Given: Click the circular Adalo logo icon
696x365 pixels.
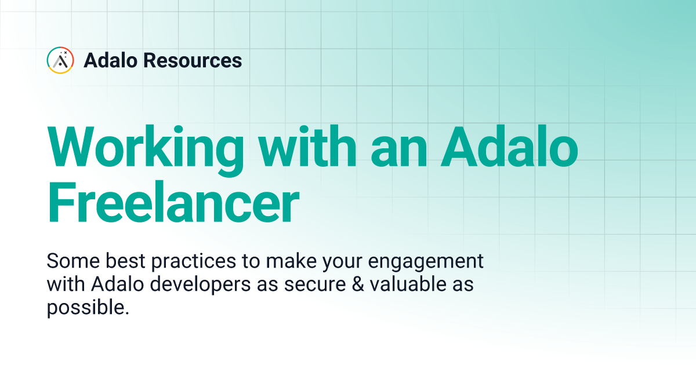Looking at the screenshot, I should pyautogui.click(x=60, y=60).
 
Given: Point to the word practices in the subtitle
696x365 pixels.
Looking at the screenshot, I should pyautogui.click(x=194, y=261).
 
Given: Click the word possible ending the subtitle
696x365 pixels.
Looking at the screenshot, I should pyautogui.click(x=87, y=308).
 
